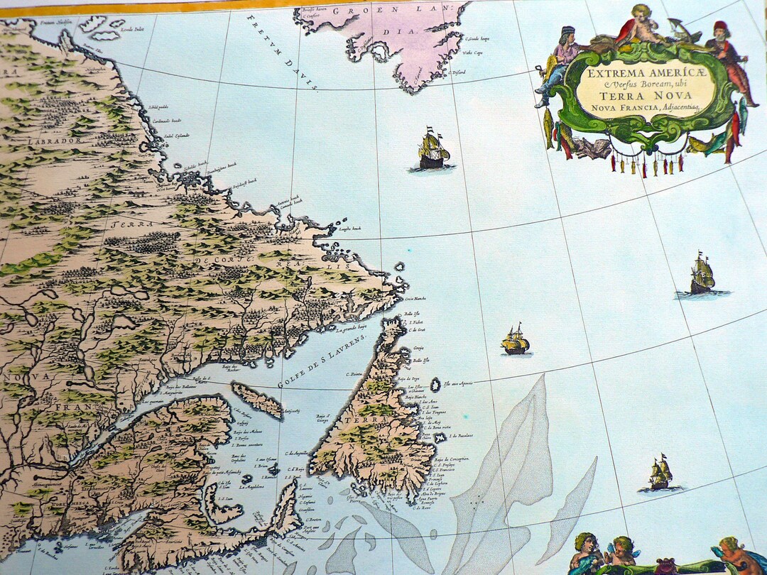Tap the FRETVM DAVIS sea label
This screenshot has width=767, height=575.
(281, 53)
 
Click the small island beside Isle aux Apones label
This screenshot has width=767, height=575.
(435, 384)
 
